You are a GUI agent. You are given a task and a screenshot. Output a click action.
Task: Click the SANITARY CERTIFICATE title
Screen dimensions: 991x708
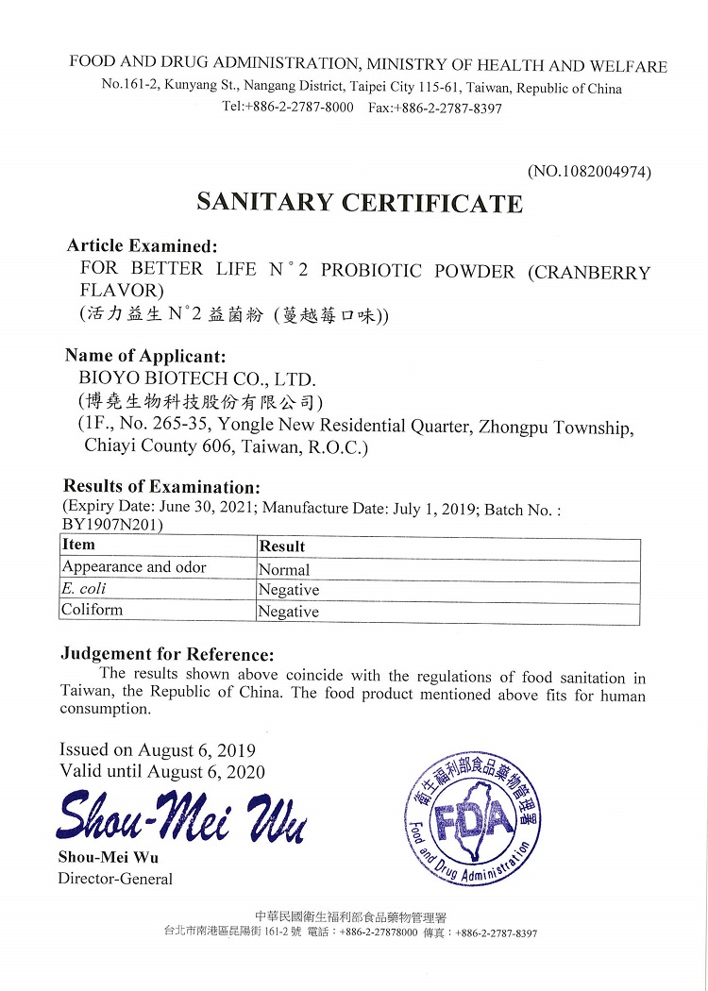pos(359,203)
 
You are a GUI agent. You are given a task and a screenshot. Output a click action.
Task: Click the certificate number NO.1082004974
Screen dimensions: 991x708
pos(589,172)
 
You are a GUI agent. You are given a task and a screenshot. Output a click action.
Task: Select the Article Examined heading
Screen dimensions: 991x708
pos(142,245)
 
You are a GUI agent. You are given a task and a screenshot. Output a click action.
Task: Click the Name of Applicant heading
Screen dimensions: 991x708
pos(145,356)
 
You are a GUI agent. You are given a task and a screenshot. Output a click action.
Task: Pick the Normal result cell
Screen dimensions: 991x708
pos(284,569)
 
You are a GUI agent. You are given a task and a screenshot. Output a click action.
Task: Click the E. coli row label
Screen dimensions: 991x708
pos(84,589)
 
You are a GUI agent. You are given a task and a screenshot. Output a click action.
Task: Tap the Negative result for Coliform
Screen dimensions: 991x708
pos(289,612)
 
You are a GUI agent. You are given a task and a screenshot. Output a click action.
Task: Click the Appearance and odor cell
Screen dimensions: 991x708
pos(134,567)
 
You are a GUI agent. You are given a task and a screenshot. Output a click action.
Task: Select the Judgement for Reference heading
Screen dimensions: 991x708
pos(167,654)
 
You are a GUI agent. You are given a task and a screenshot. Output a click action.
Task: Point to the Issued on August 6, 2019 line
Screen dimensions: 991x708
pos(157,750)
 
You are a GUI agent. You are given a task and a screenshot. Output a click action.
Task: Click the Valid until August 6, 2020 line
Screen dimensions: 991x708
pos(161,771)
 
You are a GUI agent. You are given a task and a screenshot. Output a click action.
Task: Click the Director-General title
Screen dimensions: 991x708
pos(115,879)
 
